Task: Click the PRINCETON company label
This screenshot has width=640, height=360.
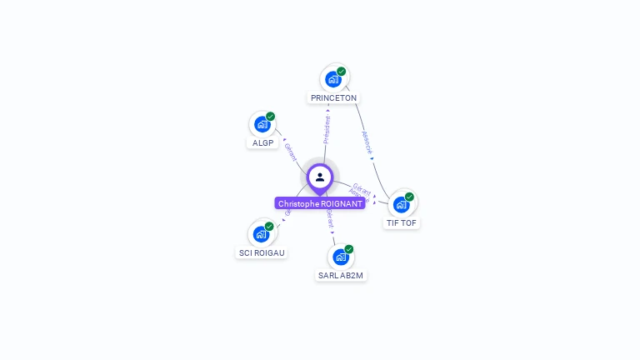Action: [333, 98]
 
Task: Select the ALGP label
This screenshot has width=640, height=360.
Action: [263, 143]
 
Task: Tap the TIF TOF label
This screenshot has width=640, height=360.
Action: [402, 223]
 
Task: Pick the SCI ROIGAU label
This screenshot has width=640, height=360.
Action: [261, 252]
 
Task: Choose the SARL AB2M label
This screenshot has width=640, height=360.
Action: [341, 276]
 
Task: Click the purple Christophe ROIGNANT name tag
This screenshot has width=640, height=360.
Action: [320, 204]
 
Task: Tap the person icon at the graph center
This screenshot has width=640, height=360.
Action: [320, 177]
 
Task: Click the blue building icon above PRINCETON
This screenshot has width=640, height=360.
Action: [333, 79]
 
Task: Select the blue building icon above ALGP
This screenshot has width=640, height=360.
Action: [262, 124]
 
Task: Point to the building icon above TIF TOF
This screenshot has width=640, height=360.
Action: [402, 204]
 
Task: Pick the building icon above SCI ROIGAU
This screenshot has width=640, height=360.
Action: [261, 234]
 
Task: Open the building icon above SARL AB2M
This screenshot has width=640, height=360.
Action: [340, 257]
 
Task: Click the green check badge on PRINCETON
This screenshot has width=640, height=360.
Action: [342, 72]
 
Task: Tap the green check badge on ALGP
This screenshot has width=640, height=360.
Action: [271, 117]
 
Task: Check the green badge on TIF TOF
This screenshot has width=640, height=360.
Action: [409, 197]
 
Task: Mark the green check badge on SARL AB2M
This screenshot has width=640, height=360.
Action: [349, 249]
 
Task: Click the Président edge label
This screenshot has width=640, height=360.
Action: [327, 129]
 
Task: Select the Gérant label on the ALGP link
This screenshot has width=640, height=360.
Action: [290, 152]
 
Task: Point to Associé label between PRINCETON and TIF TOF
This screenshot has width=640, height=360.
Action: [367, 142]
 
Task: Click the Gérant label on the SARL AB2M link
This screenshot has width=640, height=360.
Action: [330, 219]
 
